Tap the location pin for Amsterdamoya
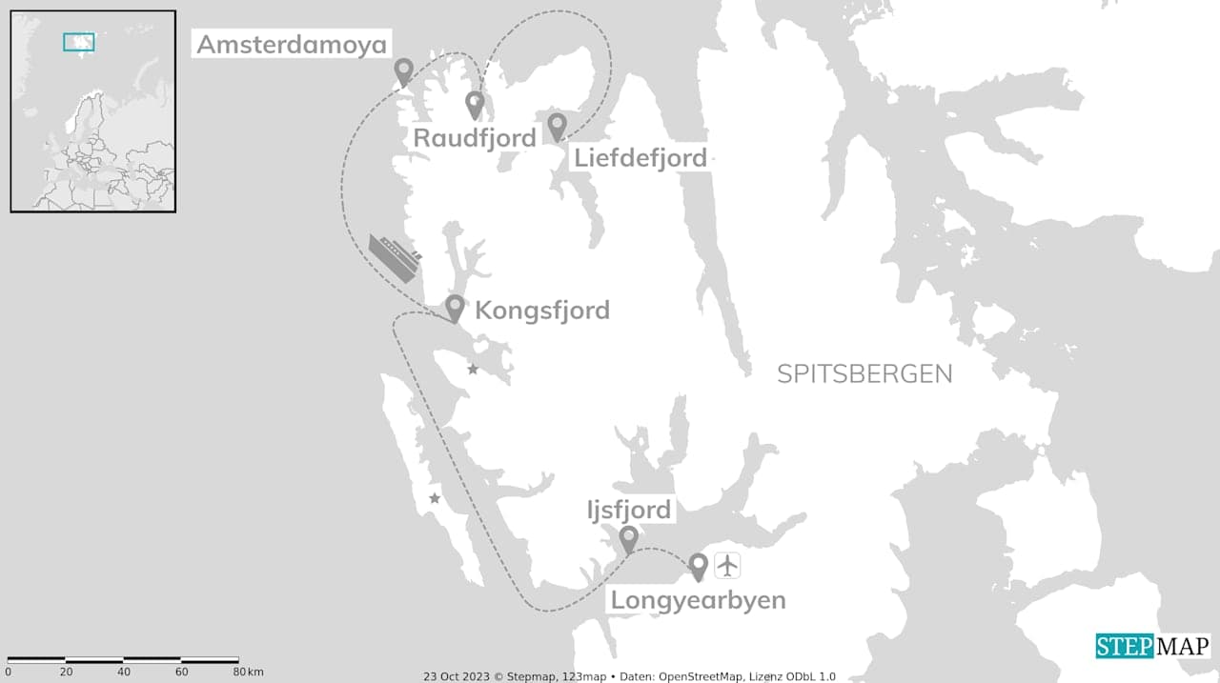coord(404,71)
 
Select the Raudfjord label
coord(475,138)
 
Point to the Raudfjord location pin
coord(475,104)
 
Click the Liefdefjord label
coord(640,157)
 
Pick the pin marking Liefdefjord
coord(556,126)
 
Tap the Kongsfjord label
coord(541,311)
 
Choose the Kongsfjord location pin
coord(456,308)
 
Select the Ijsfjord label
coord(629,510)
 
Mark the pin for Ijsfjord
coord(628,539)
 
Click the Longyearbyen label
coord(698,600)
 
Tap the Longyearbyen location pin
coord(699,567)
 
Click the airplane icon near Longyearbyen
coord(727,565)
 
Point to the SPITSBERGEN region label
coord(864,373)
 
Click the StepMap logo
coord(1152,646)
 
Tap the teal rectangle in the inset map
coord(79,42)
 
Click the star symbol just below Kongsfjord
coord(473,369)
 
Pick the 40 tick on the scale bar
coord(123,673)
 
